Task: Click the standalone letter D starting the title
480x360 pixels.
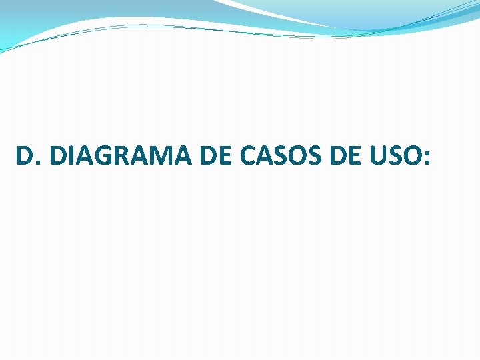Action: [x=23, y=157]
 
